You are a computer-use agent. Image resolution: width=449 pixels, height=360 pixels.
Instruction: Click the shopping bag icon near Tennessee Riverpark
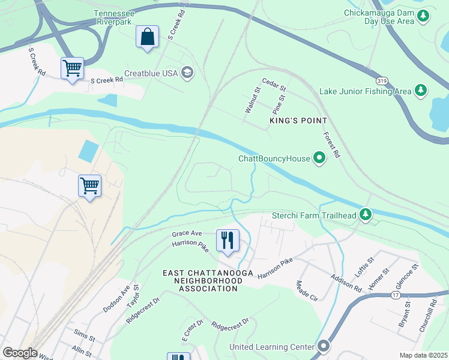(x=147, y=37)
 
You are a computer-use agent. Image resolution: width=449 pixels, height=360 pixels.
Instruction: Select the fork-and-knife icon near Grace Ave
(x=228, y=241)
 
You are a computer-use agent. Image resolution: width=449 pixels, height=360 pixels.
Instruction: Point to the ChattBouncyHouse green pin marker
(x=319, y=158)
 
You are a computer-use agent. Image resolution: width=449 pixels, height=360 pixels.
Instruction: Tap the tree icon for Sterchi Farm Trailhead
(x=365, y=215)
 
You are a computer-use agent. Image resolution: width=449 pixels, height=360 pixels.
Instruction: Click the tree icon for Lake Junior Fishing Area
(x=421, y=91)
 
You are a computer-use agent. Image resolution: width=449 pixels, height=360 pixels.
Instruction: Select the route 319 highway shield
(x=381, y=80)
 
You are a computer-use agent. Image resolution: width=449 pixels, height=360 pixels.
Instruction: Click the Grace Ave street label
(x=187, y=233)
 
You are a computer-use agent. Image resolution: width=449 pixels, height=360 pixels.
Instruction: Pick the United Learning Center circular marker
(x=324, y=346)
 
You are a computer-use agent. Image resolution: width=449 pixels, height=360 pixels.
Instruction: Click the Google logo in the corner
(x=20, y=353)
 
